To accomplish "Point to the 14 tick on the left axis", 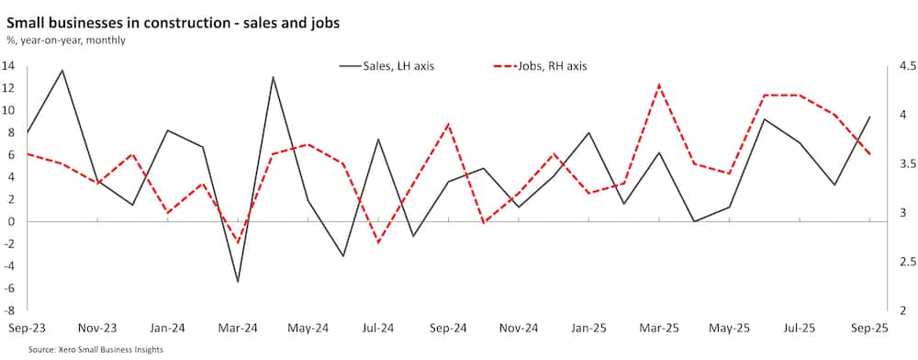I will click(7, 66).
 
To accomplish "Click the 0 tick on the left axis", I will click(10, 222).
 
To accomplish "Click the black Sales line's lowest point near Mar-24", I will click(238, 281).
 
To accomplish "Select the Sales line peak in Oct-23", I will click(62, 71).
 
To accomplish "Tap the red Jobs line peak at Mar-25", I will click(659, 84).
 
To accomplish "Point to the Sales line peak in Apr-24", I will click(274, 77).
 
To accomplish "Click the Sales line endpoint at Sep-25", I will click(869, 117).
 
